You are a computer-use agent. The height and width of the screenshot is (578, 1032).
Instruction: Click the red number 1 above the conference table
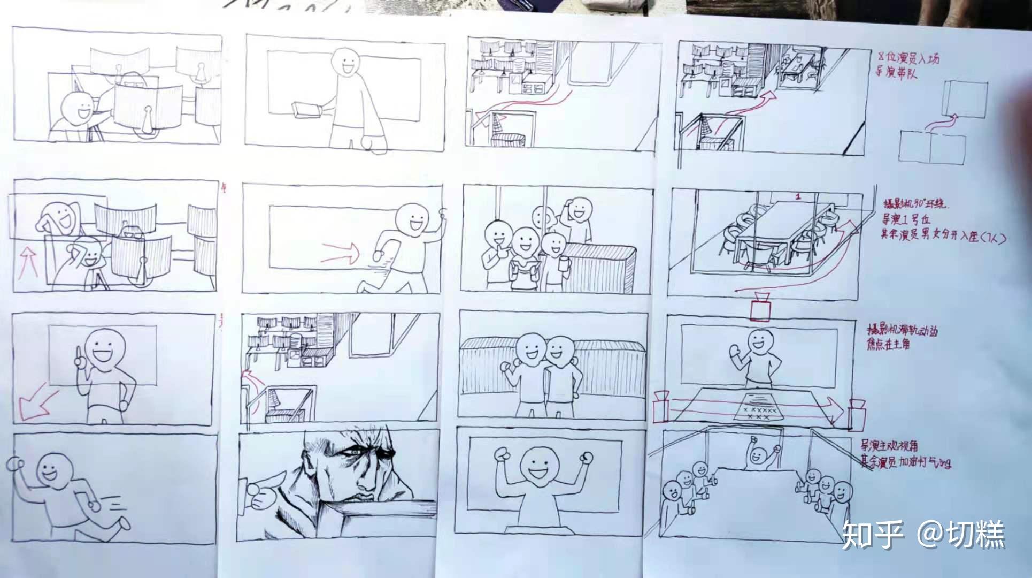pos(798,197)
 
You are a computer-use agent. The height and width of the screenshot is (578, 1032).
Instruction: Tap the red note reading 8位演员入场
pos(908,57)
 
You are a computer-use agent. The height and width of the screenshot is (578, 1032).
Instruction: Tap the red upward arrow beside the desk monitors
pos(22,262)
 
